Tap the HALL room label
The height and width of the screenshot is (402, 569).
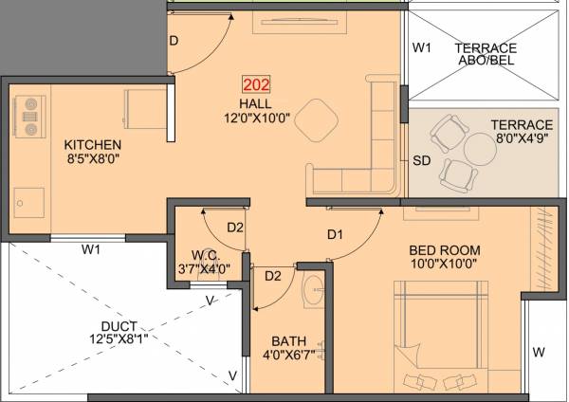256,102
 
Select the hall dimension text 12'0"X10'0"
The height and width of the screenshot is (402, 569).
256,119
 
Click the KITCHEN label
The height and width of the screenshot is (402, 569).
93,145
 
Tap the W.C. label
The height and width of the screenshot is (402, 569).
205,254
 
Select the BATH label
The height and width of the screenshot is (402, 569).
285,341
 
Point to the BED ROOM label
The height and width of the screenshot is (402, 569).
437,250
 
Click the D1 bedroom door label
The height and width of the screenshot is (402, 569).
335,233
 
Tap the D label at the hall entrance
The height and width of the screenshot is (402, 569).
174,41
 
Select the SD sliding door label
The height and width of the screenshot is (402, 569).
422,161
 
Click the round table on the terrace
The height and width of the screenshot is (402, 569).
472,149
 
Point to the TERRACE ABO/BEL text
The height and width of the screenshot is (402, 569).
485,55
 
